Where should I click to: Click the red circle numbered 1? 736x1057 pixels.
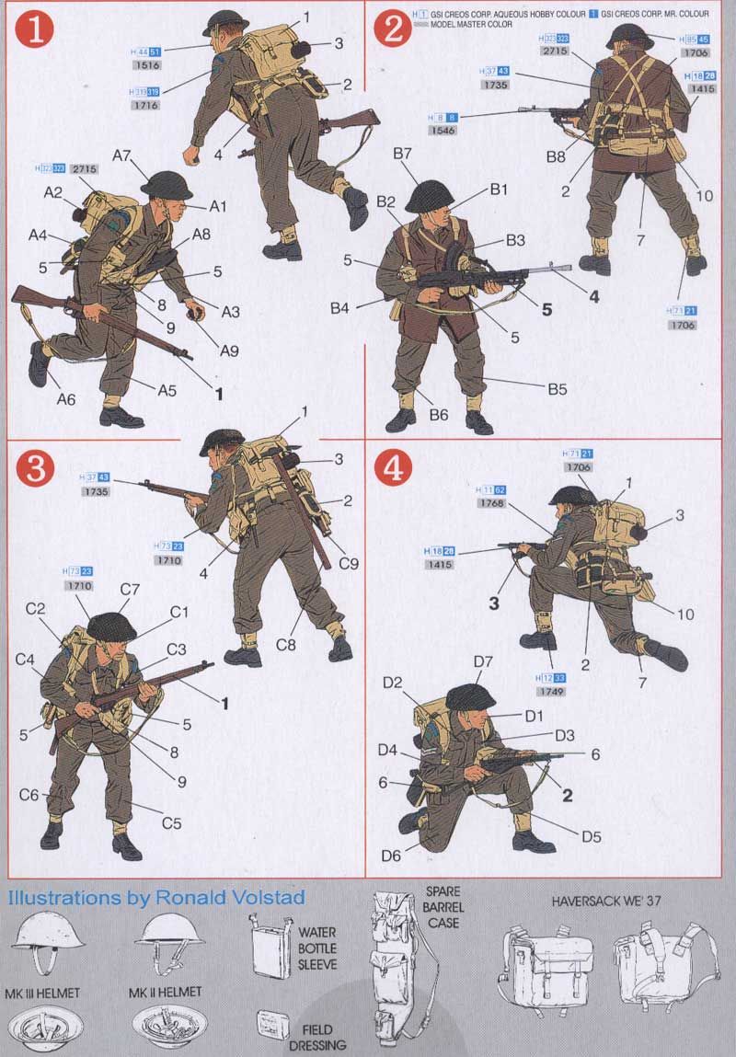tap(33, 30)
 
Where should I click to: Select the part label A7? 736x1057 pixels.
tap(123, 156)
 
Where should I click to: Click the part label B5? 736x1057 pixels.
tap(557, 389)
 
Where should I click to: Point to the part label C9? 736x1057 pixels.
tap(349, 563)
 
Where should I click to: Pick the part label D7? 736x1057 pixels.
tap(485, 662)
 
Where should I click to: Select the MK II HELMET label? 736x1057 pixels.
tap(167, 993)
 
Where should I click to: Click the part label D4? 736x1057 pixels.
tap(387, 750)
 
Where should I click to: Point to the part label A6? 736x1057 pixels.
tap(65, 398)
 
